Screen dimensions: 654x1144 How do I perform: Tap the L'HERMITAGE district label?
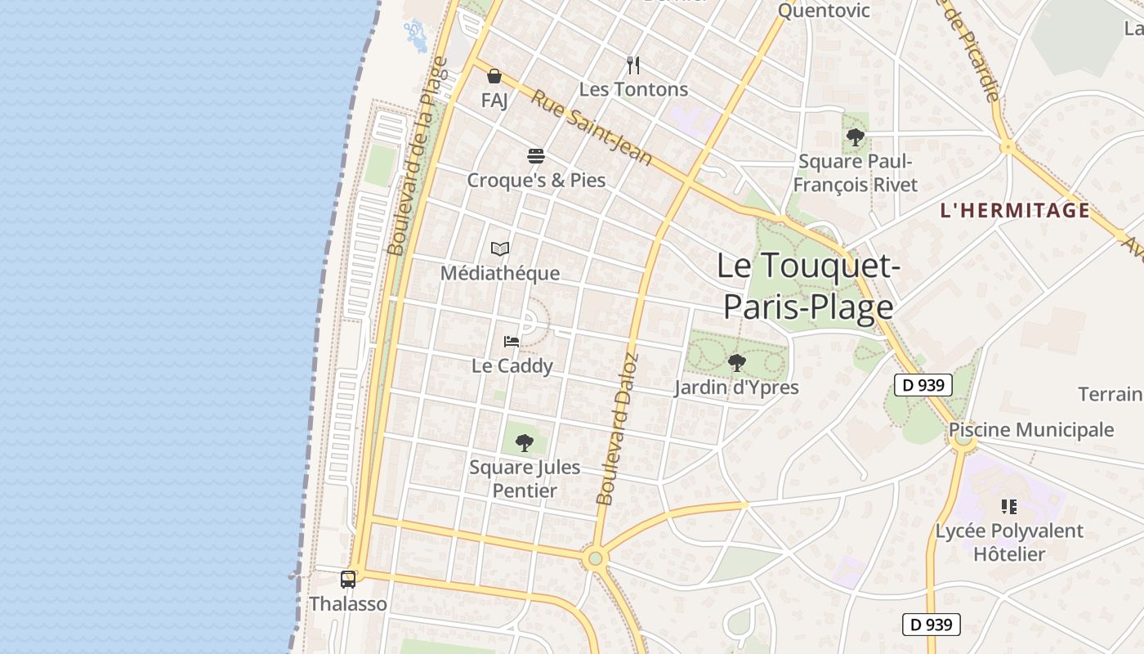1015,210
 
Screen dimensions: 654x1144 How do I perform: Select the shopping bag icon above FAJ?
494,77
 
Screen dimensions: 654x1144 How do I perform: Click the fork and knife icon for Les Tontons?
633,65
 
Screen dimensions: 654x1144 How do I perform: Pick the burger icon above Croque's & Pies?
536,156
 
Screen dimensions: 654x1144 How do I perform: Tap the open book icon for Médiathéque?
500,249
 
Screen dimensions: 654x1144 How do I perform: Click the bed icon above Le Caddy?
512,342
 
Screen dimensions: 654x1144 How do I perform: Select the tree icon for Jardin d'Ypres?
736,362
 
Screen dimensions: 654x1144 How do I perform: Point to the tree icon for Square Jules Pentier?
525,443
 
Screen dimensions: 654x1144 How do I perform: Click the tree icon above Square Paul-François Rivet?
856,137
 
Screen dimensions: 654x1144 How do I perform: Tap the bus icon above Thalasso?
348,580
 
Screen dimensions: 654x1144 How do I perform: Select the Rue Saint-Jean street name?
592,128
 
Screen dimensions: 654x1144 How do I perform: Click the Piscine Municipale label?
1031,430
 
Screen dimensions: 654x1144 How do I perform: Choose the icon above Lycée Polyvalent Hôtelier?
1009,507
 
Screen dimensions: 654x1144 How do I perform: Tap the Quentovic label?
824,11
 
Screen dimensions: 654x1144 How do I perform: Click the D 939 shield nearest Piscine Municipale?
923,385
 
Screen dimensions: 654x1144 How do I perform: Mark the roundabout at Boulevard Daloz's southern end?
595,559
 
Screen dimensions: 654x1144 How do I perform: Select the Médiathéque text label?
500,273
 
